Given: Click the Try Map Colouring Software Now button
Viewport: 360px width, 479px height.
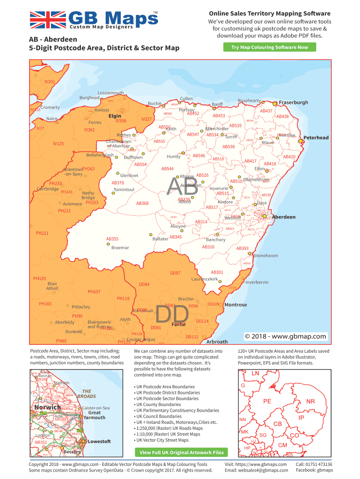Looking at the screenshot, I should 270,47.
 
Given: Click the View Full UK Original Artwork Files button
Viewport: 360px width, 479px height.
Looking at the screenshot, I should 181,452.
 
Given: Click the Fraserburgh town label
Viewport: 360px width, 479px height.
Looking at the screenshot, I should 293,102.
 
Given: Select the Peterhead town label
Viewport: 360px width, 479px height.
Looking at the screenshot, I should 316,138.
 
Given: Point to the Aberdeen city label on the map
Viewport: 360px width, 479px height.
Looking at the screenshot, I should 283,217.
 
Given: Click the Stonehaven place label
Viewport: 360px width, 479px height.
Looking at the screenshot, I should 266,255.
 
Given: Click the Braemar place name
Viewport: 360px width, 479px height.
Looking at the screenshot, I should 120,247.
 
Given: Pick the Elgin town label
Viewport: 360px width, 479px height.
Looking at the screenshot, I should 115,116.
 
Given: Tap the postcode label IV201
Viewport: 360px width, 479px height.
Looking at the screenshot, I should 50,82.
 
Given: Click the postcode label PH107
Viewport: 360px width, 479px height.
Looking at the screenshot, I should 94,292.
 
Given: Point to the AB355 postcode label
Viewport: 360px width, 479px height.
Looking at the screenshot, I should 112,239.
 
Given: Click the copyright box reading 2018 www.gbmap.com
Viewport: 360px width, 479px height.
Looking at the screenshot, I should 285,336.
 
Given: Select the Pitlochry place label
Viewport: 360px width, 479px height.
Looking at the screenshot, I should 81,307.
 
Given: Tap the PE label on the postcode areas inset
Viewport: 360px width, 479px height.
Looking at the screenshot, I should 267,401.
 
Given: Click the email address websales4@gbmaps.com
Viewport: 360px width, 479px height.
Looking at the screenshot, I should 256,470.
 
